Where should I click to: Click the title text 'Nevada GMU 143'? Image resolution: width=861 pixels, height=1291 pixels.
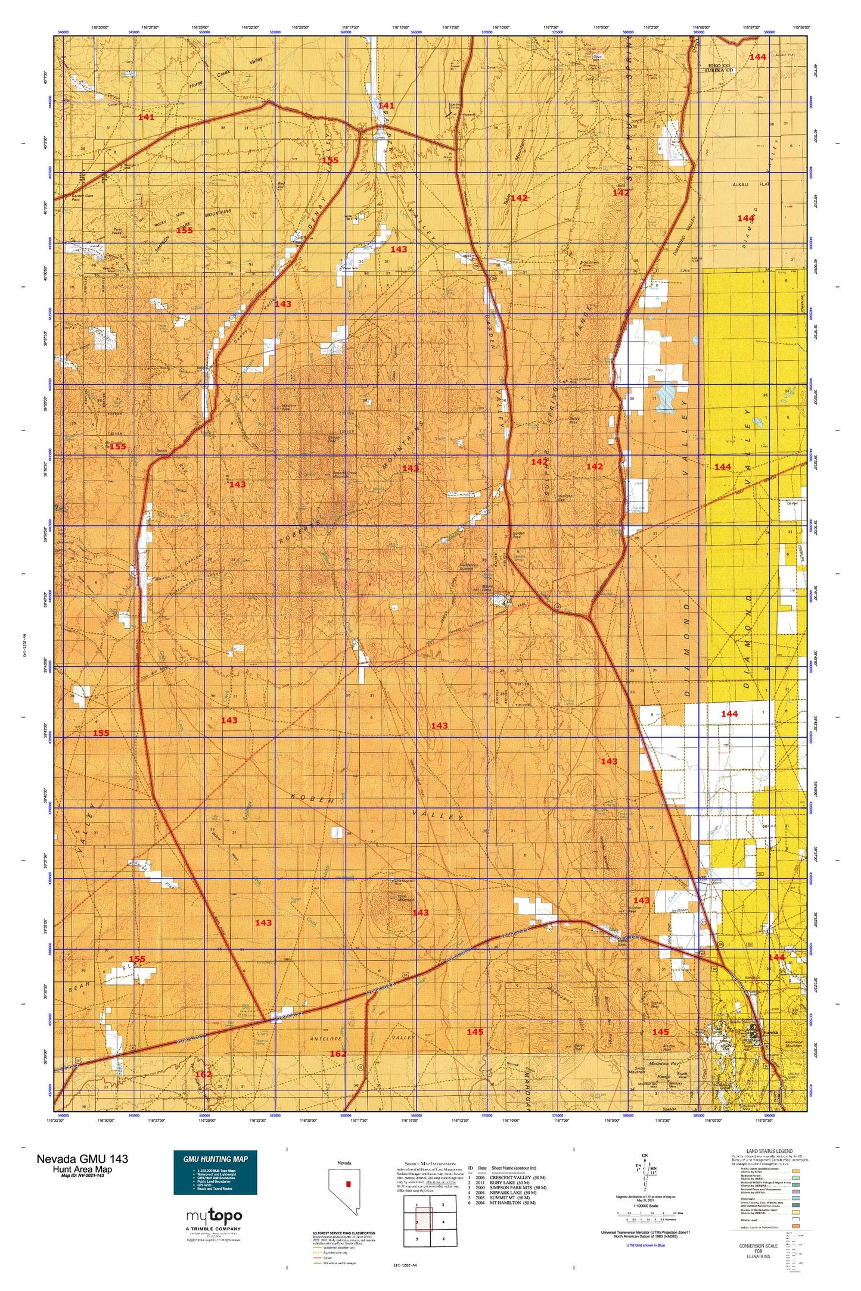[x=82, y=1158]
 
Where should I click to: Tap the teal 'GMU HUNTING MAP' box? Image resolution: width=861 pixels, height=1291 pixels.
[x=215, y=1172]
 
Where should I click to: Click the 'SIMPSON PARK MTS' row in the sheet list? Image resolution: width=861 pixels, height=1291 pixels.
[x=511, y=1188]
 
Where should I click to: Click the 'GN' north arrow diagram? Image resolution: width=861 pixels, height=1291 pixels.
[x=644, y=1171]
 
